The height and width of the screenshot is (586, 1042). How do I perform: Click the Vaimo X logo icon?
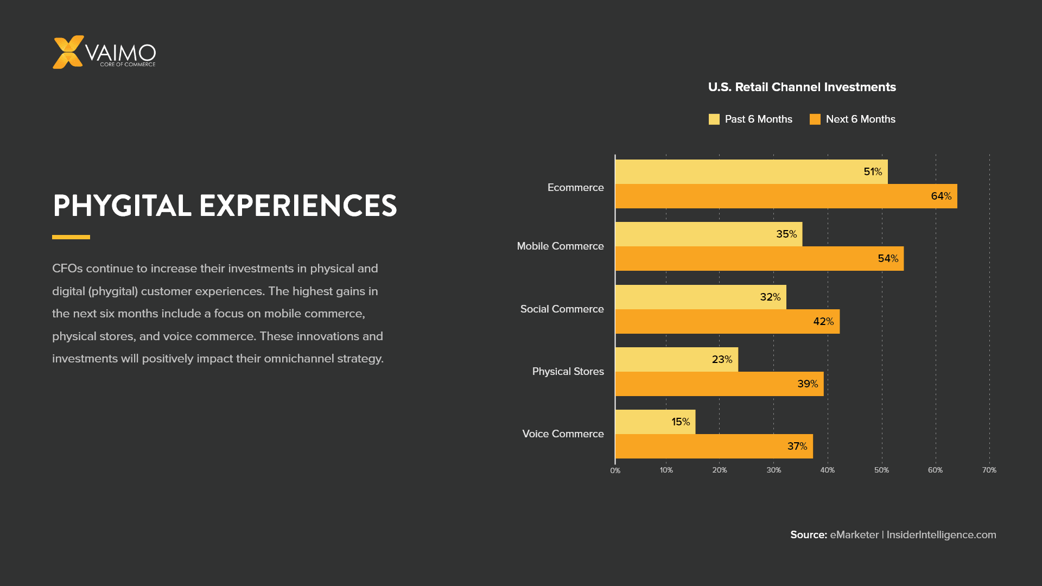coord(68,52)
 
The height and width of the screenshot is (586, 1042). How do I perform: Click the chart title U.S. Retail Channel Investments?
coord(802,87)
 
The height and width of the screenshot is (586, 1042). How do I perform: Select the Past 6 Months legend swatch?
coord(714,119)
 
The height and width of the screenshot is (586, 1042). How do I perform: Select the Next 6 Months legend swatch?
coord(815,119)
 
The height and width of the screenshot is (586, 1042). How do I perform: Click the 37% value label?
coord(797,447)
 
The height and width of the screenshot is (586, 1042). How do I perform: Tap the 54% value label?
coord(888,259)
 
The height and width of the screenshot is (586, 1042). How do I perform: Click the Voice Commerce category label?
coord(563,434)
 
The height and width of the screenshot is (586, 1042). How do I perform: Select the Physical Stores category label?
coord(568,372)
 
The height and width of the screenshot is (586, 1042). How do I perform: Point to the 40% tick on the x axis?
coord(827,470)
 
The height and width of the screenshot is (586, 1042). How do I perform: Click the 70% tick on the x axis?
coord(989,470)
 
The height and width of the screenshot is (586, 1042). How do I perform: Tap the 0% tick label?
coord(615,471)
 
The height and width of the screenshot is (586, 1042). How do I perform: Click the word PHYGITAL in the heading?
coord(122,206)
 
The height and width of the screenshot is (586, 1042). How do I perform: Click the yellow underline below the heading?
coord(71,237)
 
